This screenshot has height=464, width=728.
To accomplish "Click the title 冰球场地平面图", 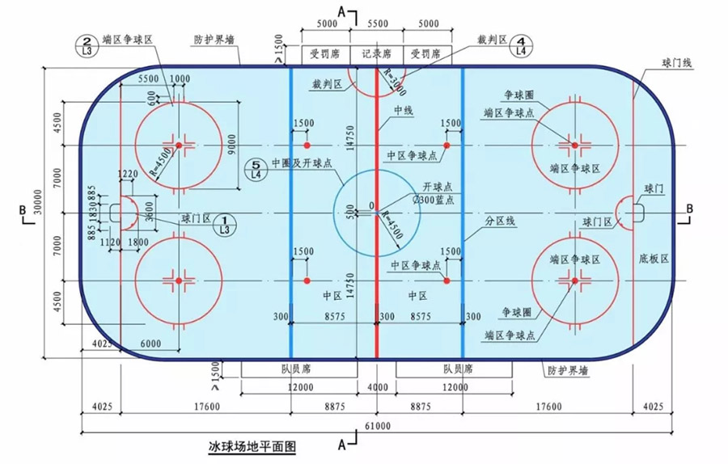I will (x=252, y=445).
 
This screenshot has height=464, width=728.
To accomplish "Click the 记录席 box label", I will (x=376, y=56).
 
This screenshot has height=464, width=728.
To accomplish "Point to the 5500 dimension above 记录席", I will (x=376, y=24).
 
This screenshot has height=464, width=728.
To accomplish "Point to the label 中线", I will (x=403, y=111).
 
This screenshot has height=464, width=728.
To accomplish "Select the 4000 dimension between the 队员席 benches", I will (x=375, y=388).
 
